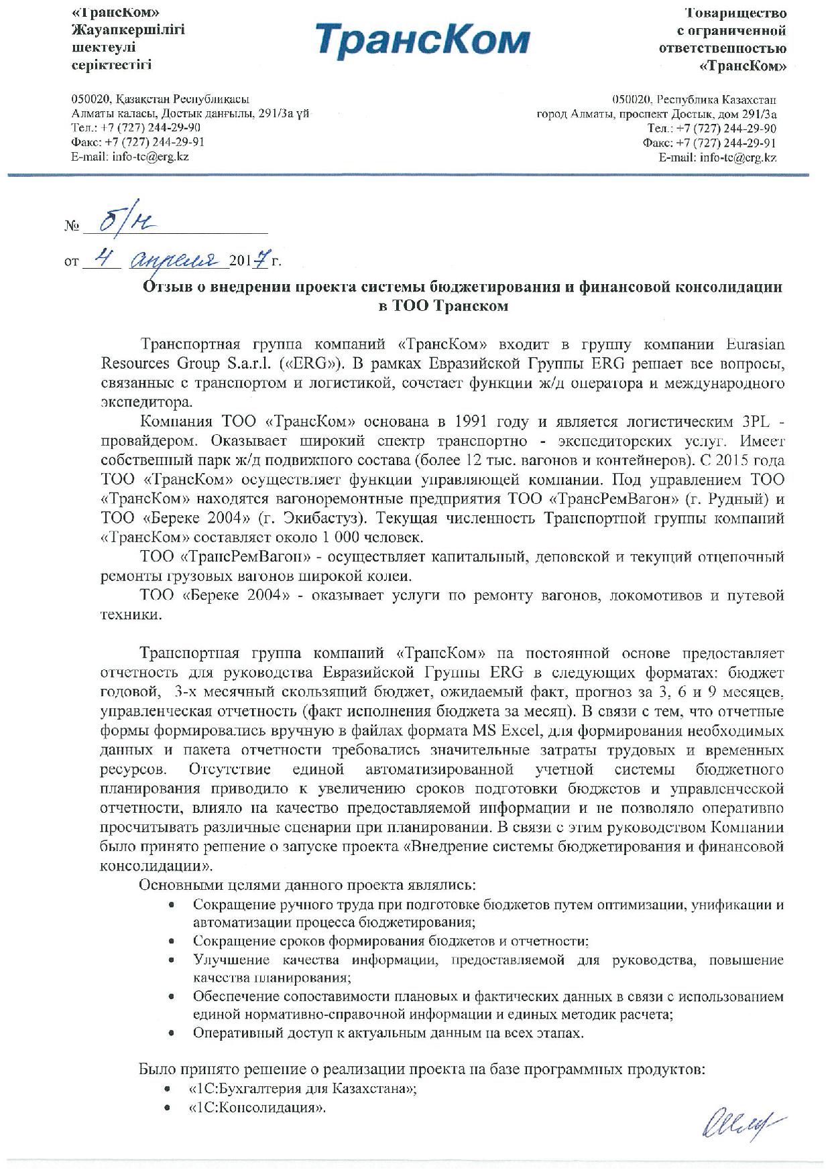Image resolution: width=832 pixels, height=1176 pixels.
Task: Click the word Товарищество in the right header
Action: click(735, 13)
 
